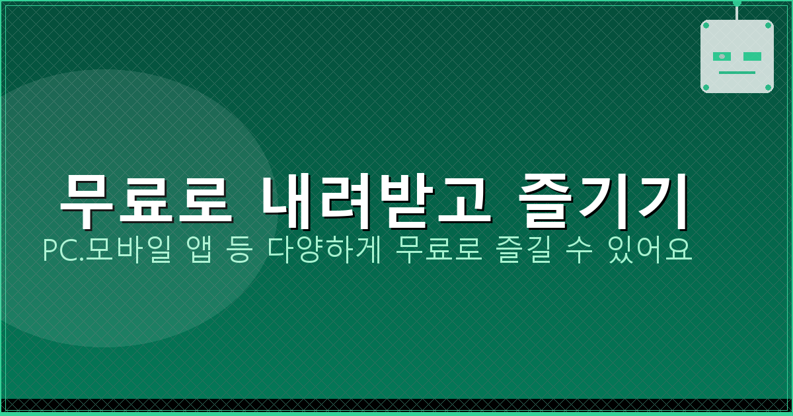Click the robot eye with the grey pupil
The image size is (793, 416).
click(x=722, y=57)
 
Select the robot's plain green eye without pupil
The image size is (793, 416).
click(x=752, y=57)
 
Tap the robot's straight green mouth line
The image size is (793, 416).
click(x=737, y=73)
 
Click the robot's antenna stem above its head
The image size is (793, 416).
click(x=737, y=12)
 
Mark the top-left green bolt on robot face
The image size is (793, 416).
click(x=706, y=26)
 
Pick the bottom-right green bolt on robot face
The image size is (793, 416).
click(x=768, y=87)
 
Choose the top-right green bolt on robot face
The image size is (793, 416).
click(x=768, y=26)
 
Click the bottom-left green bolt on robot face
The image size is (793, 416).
click(x=706, y=87)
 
